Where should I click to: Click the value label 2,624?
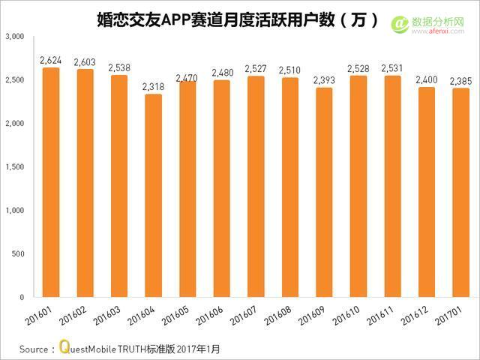pos(51,59)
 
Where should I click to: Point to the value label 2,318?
pos(153,86)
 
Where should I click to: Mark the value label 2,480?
pos(220,72)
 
